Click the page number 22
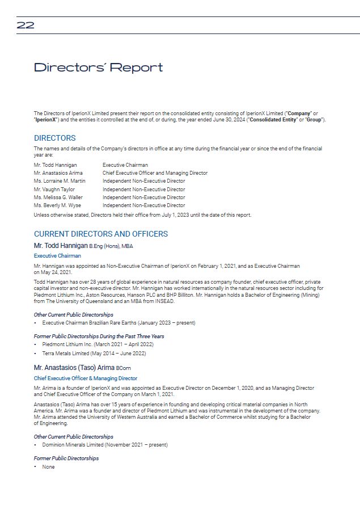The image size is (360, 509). click(26, 25)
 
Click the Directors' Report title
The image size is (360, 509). click(98, 68)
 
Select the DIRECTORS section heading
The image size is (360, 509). click(54, 138)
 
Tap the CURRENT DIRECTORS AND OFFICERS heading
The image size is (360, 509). click(101, 234)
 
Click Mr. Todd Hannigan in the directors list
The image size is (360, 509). click(55, 165)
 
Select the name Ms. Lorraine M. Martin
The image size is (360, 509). click(60, 181)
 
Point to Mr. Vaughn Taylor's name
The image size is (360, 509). click(54, 190)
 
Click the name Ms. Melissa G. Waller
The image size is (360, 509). click(58, 197)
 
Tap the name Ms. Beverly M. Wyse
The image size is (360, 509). click(57, 205)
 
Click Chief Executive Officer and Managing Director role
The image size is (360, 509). click(155, 173)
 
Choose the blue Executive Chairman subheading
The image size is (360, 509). click(57, 256)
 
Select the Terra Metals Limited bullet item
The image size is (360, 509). click(94, 354)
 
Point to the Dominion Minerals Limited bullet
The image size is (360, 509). click(105, 445)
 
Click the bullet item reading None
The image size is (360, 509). click(48, 467)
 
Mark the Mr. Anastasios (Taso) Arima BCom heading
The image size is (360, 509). click(82, 367)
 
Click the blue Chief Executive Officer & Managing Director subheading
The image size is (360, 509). click(86, 378)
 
